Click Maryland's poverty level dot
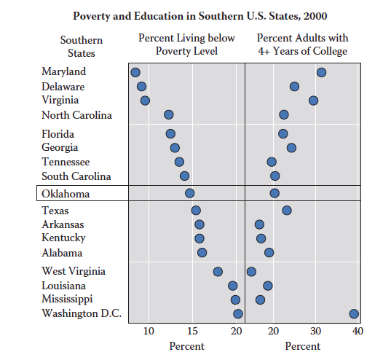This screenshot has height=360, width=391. (x=135, y=72)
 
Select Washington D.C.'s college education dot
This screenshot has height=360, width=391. (x=354, y=313)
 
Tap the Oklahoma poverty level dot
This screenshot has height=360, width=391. (x=190, y=193)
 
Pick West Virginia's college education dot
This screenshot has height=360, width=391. (x=251, y=271)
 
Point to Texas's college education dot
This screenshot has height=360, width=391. (x=287, y=210)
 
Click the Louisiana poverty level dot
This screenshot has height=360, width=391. (x=233, y=286)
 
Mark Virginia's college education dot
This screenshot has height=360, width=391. (x=313, y=101)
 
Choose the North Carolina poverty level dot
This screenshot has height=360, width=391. (x=169, y=115)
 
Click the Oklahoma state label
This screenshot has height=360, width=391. (x=66, y=194)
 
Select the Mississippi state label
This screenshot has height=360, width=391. (x=67, y=300)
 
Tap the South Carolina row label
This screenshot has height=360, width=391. (x=76, y=176)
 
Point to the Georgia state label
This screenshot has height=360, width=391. (x=60, y=147)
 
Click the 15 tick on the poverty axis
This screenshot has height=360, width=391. (x=192, y=332)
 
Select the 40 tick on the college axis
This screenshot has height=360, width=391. (x=358, y=332)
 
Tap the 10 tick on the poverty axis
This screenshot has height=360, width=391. (x=149, y=332)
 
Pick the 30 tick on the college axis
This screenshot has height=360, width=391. (x=315, y=332)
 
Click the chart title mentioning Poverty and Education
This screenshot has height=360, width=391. (x=200, y=16)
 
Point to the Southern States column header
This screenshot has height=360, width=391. (x=82, y=47)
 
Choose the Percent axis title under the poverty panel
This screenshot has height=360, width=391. (x=187, y=346)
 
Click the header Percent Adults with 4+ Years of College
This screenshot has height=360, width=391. (x=302, y=44)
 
